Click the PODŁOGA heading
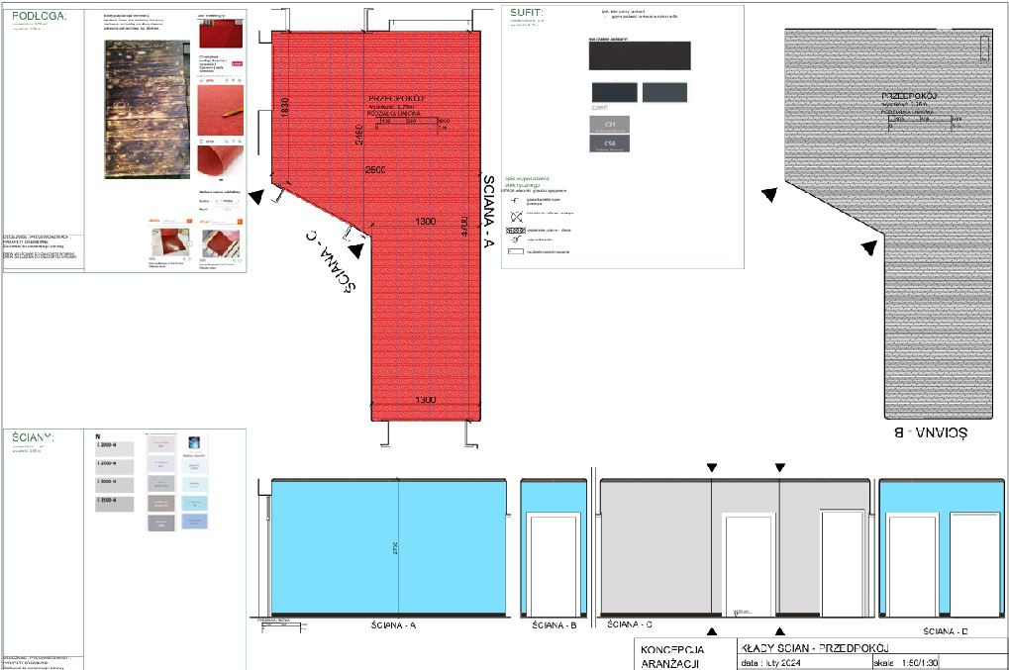click(39, 16)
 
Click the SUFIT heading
click(528, 13)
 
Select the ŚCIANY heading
click(34, 436)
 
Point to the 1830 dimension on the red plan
click(284, 108)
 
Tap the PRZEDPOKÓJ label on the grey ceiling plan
click(909, 96)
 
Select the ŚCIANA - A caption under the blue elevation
click(394, 625)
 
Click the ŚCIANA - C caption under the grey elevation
click(629, 625)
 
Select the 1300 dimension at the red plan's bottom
click(425, 400)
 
